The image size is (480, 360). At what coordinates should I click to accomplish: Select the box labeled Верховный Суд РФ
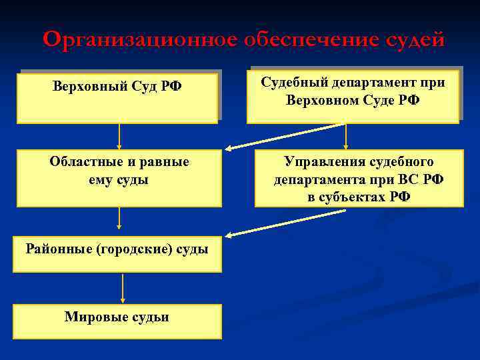pyautogui.click(x=117, y=99)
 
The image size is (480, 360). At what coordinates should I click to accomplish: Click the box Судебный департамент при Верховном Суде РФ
pyautogui.click(x=353, y=97)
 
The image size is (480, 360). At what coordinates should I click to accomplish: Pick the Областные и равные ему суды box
pyautogui.click(x=119, y=178)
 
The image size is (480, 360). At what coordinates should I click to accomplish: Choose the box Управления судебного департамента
pyautogui.click(x=359, y=179)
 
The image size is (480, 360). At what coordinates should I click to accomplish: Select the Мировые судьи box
pyautogui.click(x=117, y=321)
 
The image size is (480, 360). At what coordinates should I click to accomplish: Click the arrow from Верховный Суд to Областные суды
pyautogui.click(x=119, y=137)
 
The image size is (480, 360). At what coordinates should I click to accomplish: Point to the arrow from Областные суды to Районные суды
pyautogui.click(x=119, y=219)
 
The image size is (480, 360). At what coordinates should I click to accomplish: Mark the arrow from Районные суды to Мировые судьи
pyautogui.click(x=123, y=288)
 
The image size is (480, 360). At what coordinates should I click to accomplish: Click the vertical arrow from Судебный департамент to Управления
pyautogui.click(x=346, y=137)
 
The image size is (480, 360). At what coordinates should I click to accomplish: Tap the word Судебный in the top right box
pyautogui.click(x=295, y=83)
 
